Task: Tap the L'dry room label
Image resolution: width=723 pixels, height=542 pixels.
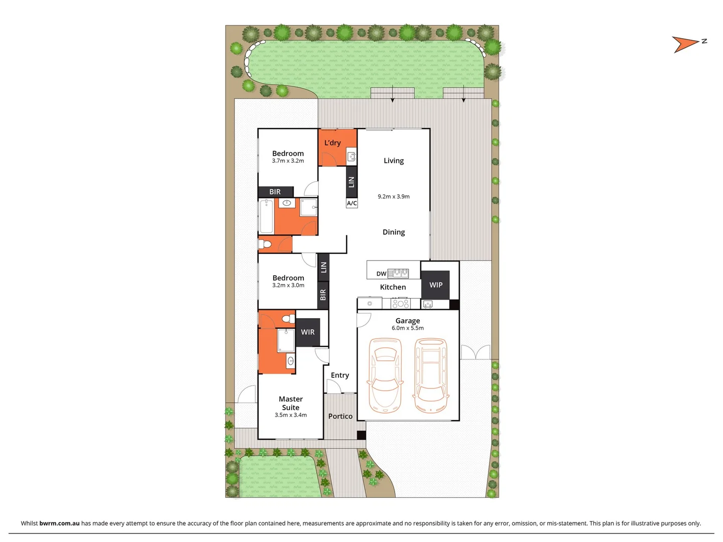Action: pyautogui.click(x=332, y=143)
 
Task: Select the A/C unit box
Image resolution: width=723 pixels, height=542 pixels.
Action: pyautogui.click(x=352, y=203)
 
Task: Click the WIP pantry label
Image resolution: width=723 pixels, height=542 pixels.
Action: pyautogui.click(x=436, y=285)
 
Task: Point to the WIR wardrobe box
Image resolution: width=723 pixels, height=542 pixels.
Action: pyautogui.click(x=308, y=332)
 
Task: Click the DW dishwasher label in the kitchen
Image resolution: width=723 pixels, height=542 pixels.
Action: pyautogui.click(x=381, y=274)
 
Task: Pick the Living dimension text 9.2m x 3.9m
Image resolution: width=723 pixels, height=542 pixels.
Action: pyautogui.click(x=394, y=197)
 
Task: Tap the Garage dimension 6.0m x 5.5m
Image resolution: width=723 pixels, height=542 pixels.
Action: pyautogui.click(x=408, y=328)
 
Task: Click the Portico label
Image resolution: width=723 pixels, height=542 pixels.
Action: pyautogui.click(x=340, y=416)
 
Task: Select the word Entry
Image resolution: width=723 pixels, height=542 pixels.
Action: pyautogui.click(x=340, y=375)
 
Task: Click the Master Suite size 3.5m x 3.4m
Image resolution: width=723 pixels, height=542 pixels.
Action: pyautogui.click(x=291, y=415)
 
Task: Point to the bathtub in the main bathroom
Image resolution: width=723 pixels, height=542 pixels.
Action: pyautogui.click(x=266, y=216)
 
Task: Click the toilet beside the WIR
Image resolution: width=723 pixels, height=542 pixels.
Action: pyautogui.click(x=288, y=319)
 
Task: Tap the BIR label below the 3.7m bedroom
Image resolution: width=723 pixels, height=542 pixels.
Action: pyautogui.click(x=275, y=192)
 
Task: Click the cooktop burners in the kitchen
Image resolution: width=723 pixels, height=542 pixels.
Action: pyautogui.click(x=401, y=304)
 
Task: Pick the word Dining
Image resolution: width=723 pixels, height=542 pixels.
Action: pyautogui.click(x=394, y=232)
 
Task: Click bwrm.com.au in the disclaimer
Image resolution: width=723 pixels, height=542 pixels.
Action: pyautogui.click(x=59, y=523)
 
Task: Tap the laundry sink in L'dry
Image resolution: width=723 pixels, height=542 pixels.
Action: pyautogui.click(x=351, y=157)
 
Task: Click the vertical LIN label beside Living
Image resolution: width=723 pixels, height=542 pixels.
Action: pyautogui.click(x=351, y=182)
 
